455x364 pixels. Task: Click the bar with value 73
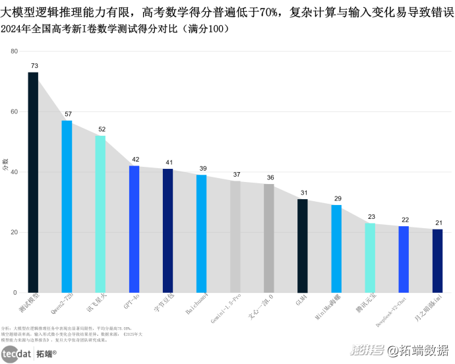[x=33, y=182]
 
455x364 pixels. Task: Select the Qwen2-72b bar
[x=67, y=206]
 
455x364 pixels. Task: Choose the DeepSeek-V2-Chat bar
[x=404, y=259]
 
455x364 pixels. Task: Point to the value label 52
[x=102, y=129]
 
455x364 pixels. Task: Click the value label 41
[x=169, y=162]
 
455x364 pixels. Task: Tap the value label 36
[x=270, y=178]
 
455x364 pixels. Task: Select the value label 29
[x=337, y=198]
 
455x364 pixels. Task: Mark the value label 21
[x=438, y=223]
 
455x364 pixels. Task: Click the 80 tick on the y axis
[x=14, y=51]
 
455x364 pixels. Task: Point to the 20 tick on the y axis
[x=14, y=232]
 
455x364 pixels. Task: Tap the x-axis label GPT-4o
[x=133, y=301]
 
